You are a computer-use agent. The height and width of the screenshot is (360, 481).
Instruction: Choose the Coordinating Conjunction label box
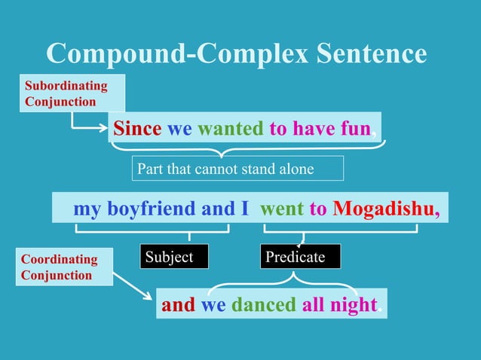(63, 267)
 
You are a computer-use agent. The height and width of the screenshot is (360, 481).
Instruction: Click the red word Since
(137, 129)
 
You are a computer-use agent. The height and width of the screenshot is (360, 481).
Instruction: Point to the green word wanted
(230, 129)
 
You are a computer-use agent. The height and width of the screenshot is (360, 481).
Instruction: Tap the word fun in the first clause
(354, 129)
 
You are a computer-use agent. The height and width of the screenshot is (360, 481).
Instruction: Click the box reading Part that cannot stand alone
(237, 168)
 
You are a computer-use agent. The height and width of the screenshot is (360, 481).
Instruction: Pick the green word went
(282, 208)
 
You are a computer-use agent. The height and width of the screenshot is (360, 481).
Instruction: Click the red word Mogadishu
(383, 208)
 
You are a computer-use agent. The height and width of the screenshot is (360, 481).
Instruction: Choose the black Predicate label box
(300, 257)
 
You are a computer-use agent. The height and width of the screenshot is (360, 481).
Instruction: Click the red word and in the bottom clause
(178, 304)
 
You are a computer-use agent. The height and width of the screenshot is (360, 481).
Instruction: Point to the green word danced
(263, 304)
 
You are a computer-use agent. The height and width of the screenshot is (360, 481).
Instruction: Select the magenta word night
(352, 304)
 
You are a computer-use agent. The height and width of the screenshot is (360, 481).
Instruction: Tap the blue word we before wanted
(179, 129)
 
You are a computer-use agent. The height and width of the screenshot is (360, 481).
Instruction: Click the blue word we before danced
(213, 304)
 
